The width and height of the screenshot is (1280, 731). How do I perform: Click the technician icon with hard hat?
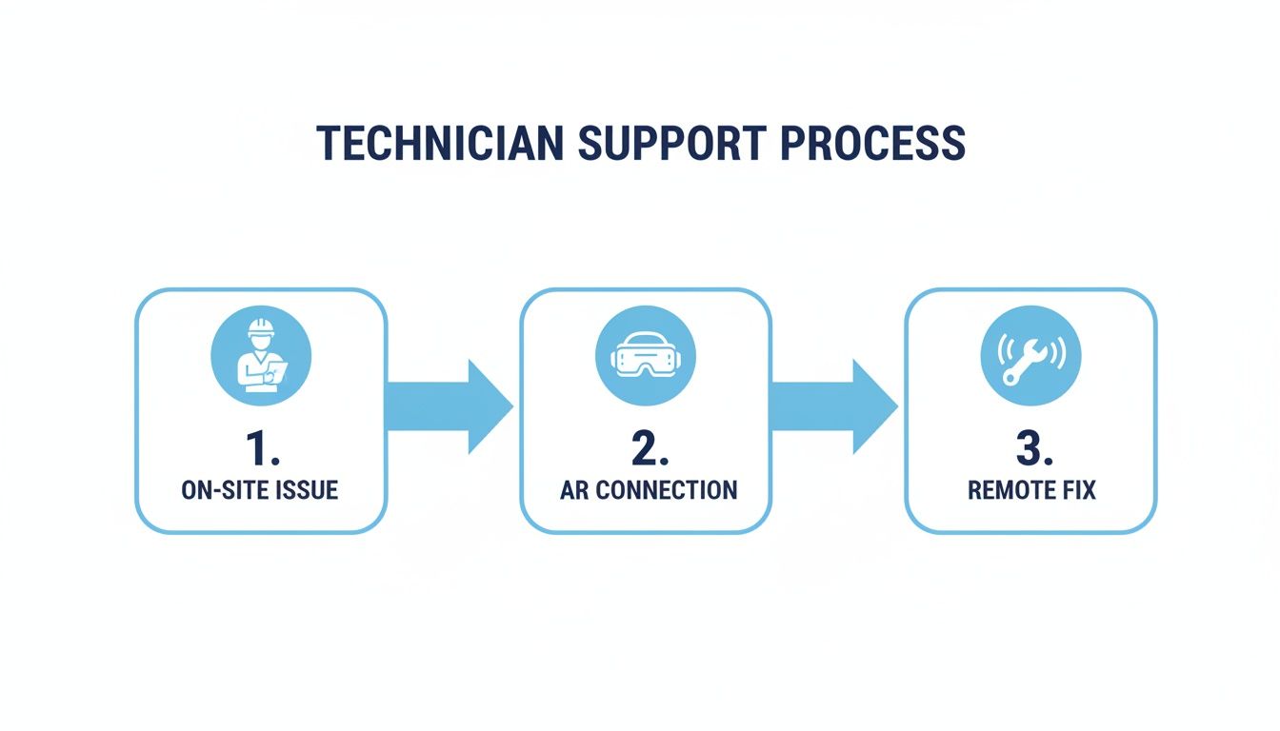click(260, 355)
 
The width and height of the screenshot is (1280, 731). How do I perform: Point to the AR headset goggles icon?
click(645, 356)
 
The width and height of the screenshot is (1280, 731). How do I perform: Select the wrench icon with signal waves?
click(1030, 356)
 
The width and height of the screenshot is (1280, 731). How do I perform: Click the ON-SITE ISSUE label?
click(260, 490)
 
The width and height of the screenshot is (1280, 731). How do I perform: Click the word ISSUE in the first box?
click(307, 490)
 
